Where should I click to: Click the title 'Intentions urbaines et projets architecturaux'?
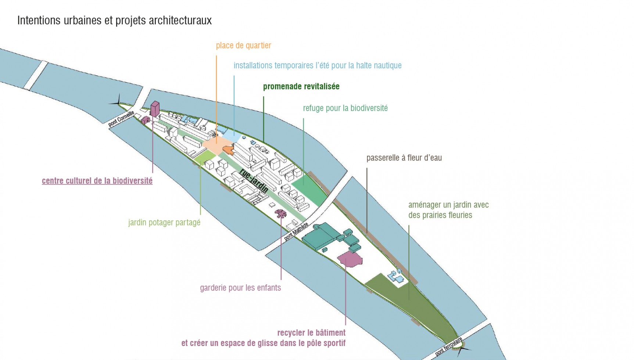114,21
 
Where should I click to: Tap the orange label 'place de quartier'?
243,46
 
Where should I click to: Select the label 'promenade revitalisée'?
301,87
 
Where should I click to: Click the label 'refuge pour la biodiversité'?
345,108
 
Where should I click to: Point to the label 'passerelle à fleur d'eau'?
404,158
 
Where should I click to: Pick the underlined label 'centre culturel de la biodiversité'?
97,181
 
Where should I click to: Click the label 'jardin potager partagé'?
164,223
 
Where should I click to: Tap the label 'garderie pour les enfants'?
240,288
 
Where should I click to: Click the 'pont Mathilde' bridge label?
296,231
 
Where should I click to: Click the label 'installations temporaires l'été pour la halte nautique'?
318,66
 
